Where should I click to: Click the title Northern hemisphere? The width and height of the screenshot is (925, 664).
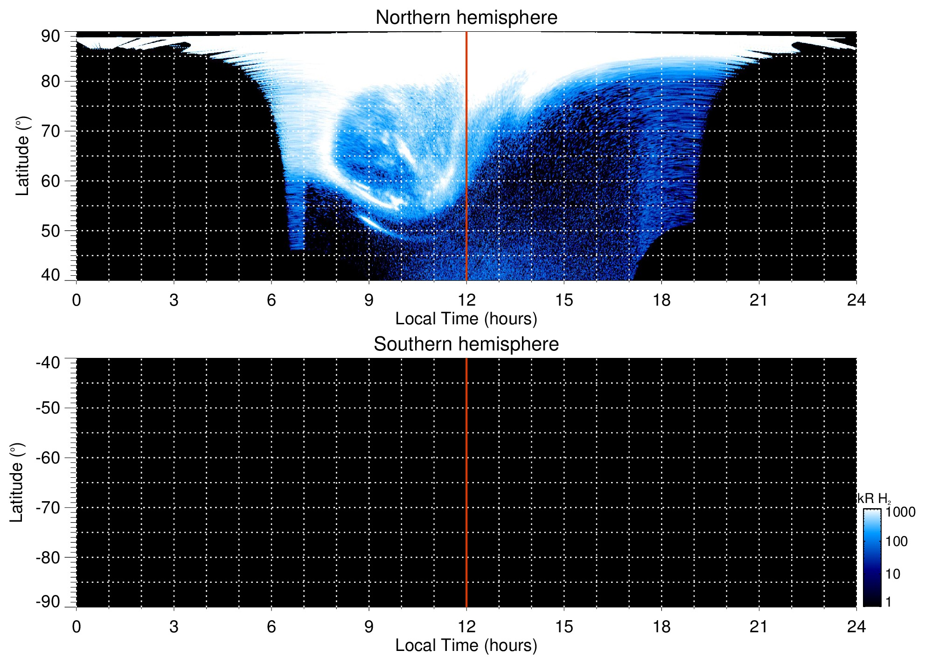466,18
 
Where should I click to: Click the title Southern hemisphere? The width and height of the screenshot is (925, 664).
466,344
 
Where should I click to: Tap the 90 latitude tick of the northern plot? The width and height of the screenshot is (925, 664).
50,36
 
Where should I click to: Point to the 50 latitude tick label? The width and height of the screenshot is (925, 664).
50,231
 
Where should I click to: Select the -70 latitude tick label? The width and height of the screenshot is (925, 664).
48,508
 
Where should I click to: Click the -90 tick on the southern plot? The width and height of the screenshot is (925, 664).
48,602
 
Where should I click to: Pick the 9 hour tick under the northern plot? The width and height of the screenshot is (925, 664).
369,300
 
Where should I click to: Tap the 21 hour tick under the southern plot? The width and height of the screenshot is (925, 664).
758,627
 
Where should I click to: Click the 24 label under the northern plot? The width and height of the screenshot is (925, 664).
856,300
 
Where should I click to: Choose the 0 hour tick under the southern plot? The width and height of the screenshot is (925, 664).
77,627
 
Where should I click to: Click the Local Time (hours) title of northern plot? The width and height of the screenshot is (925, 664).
466,319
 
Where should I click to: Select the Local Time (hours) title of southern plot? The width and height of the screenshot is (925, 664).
466,646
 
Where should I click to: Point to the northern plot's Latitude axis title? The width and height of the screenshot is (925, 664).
22,156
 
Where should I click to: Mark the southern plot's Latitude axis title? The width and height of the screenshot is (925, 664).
16,482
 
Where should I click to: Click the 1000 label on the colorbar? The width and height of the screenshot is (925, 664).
900,512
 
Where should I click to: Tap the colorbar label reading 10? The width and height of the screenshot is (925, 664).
893,574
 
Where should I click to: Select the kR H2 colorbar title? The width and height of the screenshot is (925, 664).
874,499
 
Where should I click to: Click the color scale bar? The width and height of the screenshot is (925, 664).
872,558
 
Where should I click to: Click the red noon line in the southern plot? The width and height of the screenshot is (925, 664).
466,482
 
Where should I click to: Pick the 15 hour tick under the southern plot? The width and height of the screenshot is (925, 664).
564,627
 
